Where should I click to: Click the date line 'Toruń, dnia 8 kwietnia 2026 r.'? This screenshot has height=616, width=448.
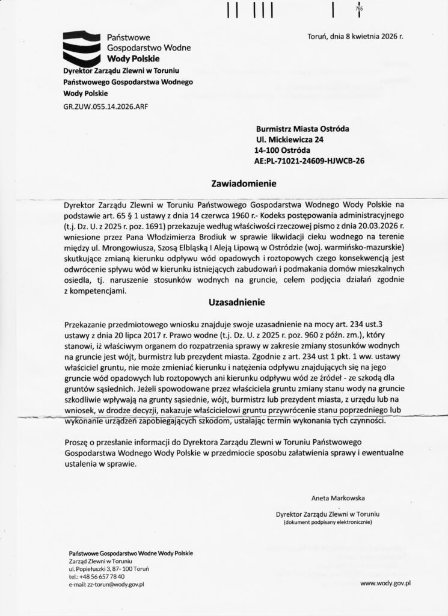355,36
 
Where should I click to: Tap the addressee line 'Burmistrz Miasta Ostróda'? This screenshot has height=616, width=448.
302,128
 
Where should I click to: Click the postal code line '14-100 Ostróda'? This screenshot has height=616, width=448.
283,150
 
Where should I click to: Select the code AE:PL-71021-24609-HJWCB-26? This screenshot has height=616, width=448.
310,161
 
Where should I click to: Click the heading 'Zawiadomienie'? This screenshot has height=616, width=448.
235,182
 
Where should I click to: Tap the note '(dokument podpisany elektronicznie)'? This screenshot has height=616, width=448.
328,523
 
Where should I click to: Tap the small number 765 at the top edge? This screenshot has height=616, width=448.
359,9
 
